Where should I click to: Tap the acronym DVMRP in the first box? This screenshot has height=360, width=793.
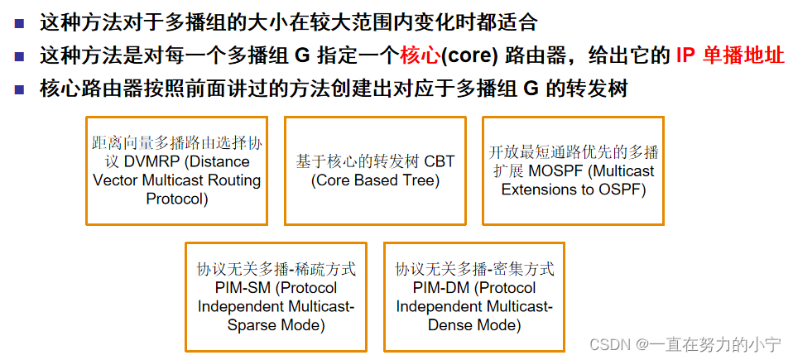click(x=153, y=161)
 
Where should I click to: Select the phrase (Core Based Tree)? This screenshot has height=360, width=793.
click(x=375, y=180)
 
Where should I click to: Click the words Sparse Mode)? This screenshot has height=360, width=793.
click(x=276, y=325)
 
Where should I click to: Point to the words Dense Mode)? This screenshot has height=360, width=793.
click(x=474, y=325)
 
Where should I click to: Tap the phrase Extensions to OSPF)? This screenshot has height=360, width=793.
click(x=573, y=190)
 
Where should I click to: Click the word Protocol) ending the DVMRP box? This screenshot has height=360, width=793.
click(x=177, y=199)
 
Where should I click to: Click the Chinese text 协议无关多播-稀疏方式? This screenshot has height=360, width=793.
click(x=276, y=270)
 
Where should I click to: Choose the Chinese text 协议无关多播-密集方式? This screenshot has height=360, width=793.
click(x=474, y=270)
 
